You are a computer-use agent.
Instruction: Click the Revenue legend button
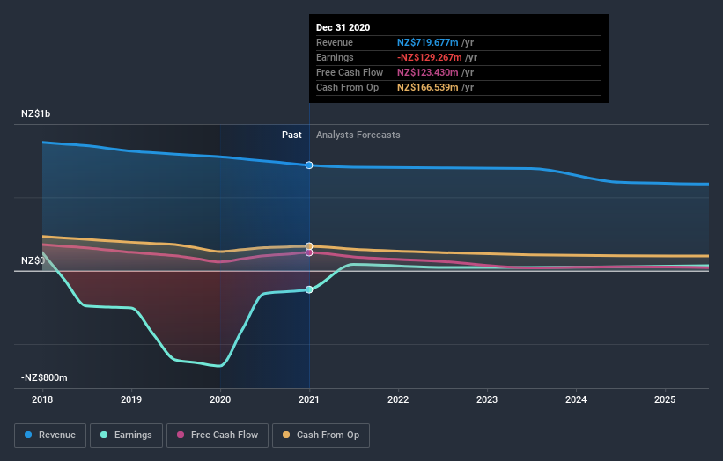50,435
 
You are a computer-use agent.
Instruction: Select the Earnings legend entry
127,435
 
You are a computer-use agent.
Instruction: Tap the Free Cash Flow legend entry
218,435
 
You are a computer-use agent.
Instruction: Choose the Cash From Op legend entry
321,435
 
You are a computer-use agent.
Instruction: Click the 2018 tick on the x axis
42,399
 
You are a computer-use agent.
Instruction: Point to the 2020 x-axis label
220,399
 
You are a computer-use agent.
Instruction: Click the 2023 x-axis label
487,399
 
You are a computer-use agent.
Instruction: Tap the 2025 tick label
665,399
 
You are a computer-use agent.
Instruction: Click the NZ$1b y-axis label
36,114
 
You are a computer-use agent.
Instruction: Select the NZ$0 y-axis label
33,261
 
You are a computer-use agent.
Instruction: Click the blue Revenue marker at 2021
309,165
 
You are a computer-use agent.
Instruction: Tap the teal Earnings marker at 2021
309,289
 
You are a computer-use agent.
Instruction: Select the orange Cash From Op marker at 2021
309,246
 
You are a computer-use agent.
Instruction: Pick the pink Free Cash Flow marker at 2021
309,252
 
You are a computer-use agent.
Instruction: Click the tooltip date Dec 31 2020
343,27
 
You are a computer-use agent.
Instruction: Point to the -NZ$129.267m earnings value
435,57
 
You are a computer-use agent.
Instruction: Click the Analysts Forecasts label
358,135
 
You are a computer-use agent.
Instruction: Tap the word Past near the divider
291,135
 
